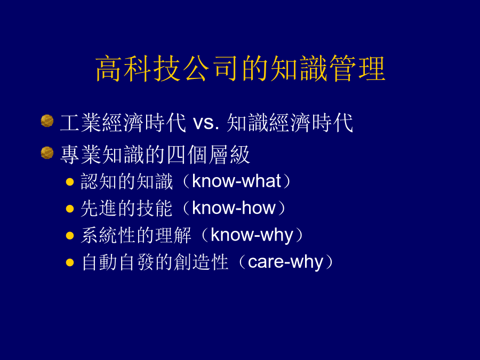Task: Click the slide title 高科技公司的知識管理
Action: click(x=241, y=69)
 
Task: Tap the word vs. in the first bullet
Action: click(x=206, y=123)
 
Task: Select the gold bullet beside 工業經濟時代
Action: click(x=47, y=121)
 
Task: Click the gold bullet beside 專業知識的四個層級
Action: click(x=47, y=153)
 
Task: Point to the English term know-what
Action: click(x=236, y=181)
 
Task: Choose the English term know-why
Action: click(x=252, y=235)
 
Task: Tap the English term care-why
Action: click(x=285, y=262)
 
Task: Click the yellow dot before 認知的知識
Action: click(x=70, y=182)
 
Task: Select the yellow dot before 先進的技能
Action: click(x=70, y=209)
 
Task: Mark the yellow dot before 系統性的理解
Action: click(x=70, y=236)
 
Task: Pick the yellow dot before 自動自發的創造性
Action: click(x=70, y=262)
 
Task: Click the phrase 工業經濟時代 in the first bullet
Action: click(x=123, y=123)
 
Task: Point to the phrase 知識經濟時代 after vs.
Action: click(x=290, y=123)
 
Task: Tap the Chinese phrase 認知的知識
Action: click(x=127, y=181)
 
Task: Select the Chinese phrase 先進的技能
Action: click(x=127, y=208)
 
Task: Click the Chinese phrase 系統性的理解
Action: click(x=136, y=235)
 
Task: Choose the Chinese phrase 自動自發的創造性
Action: click(x=155, y=262)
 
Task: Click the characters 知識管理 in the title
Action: click(x=328, y=69)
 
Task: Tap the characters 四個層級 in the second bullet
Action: click(x=208, y=155)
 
